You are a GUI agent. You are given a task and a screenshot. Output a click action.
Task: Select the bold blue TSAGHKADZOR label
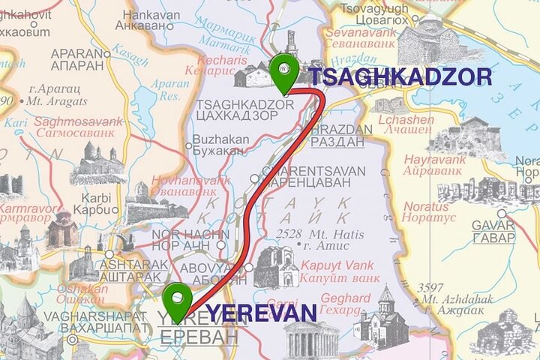[x=400, y=77]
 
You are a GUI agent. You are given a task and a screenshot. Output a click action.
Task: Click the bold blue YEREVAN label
[x=261, y=312]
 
